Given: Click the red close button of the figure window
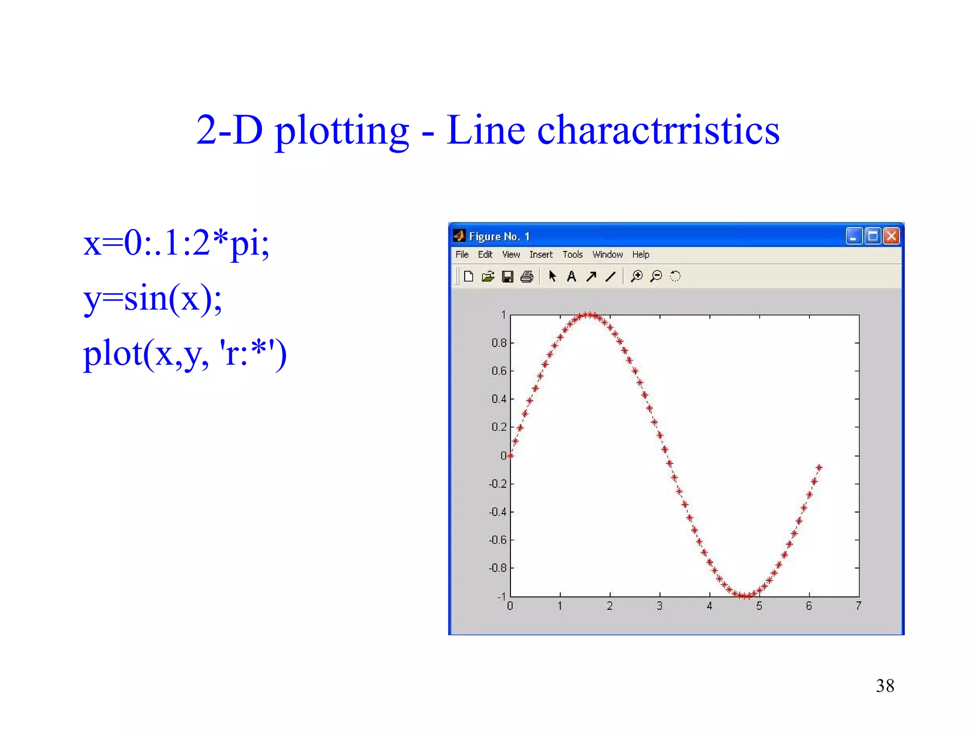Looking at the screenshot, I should [891, 236].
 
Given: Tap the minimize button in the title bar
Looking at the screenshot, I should [853, 236].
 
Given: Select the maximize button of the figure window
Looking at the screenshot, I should [872, 236].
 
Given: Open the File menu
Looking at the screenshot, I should [462, 255].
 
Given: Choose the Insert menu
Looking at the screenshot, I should [541, 255].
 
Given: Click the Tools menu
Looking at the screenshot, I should [573, 255].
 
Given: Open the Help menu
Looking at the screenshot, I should [640, 255].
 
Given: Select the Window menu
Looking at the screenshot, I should [607, 255].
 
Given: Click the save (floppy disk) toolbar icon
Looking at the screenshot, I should [508, 277].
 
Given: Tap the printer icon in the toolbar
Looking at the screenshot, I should [527, 277].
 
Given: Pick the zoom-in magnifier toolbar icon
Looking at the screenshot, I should [637, 276].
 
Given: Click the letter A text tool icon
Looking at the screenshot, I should [571, 277].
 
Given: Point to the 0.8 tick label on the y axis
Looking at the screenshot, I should [499, 343].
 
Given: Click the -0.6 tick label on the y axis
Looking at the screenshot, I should [498, 540].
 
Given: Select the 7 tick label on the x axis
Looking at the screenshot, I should [859, 607].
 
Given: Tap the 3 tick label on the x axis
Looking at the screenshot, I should [659, 607].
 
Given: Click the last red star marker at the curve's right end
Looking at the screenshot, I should [819, 468].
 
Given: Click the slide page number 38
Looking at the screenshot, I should [885, 686].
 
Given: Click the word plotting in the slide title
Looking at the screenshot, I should [342, 131].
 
